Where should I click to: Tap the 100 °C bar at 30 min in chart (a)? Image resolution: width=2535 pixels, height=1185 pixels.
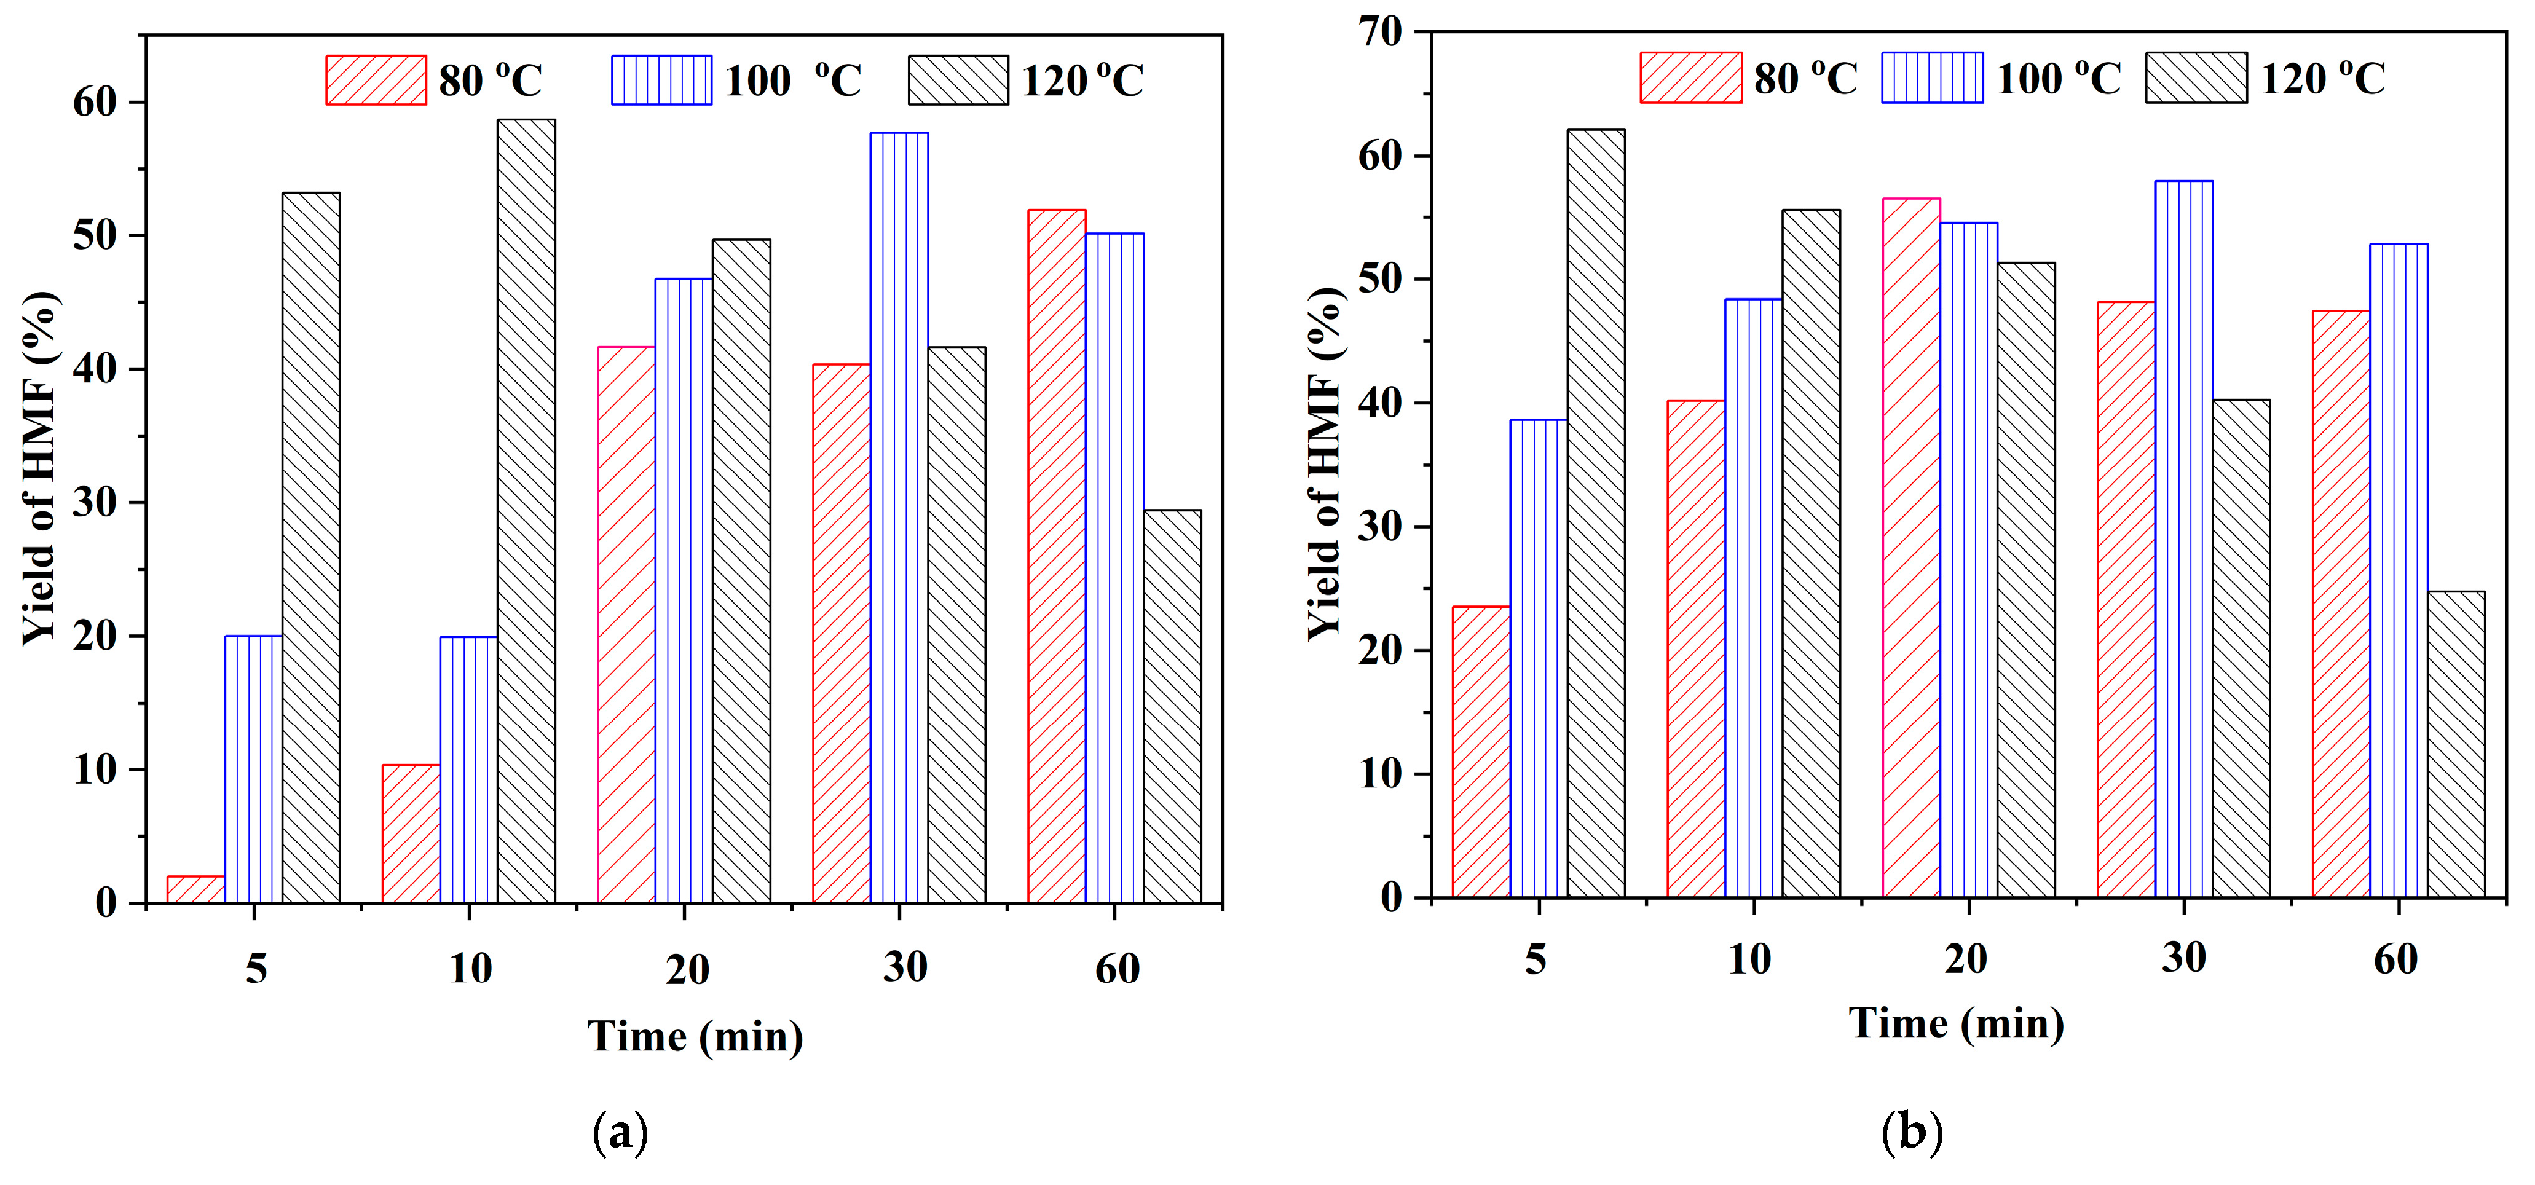899,517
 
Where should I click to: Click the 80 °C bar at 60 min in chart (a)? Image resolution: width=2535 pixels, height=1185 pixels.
1056,556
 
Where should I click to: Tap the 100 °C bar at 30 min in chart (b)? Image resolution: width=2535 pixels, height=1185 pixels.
2183,538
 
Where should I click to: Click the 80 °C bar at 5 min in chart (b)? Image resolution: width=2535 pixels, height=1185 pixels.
1480,751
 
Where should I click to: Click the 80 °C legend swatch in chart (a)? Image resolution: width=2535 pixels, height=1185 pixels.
376,80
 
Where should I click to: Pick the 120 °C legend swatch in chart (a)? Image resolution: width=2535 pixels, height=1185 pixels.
958,80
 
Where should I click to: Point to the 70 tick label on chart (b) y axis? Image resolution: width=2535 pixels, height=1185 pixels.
1380,33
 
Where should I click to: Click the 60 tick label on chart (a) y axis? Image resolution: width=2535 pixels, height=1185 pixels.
95,103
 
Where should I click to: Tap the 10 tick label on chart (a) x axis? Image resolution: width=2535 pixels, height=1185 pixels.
470,969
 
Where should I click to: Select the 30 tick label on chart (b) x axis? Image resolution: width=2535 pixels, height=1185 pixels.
2183,958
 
